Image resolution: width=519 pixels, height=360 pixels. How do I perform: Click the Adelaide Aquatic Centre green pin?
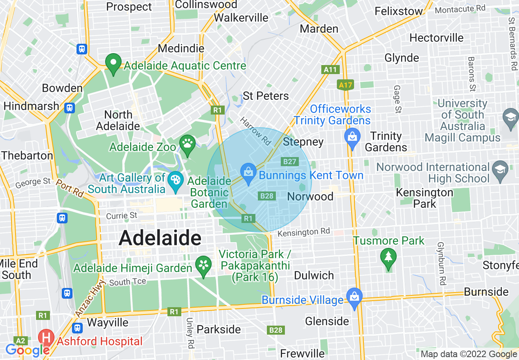(113, 63)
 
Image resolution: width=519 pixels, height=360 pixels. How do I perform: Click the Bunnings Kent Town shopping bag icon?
(248, 172)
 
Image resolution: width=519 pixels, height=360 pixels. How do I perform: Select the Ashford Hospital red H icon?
(46, 338)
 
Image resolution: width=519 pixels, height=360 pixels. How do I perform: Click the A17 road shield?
(345, 85)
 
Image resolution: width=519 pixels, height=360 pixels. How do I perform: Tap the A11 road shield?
(330, 70)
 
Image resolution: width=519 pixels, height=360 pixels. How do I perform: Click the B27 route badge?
(289, 162)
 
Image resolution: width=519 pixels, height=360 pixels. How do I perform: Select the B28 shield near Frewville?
(276, 330)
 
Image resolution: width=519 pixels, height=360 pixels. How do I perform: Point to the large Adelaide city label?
(160, 238)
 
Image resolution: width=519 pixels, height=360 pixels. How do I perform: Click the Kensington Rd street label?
(303, 232)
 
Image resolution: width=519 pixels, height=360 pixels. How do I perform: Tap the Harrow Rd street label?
(256, 131)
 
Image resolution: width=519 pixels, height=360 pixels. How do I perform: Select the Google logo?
(27, 350)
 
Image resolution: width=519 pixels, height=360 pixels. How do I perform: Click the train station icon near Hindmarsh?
(70, 108)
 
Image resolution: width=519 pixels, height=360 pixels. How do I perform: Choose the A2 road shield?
(20, 340)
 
